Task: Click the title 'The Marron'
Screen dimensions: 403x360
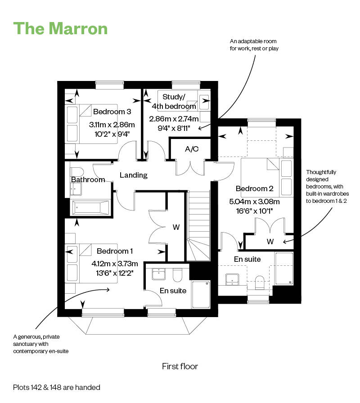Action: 61,28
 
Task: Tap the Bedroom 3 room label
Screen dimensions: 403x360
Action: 112,112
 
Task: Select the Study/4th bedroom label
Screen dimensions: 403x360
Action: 174,102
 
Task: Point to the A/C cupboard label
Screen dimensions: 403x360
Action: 192,149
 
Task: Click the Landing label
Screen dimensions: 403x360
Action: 134,175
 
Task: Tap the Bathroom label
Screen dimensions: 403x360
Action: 88,180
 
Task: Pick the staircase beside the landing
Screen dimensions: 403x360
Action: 198,225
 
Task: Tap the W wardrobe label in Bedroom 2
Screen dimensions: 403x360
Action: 270,242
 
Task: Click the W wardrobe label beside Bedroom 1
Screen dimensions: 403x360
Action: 175,228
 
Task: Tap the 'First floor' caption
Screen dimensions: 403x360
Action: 180,366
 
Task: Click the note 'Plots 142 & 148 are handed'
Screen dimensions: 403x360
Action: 57,387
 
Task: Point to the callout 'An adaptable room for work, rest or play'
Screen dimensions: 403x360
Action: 254,45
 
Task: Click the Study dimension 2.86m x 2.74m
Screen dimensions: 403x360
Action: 174,119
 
